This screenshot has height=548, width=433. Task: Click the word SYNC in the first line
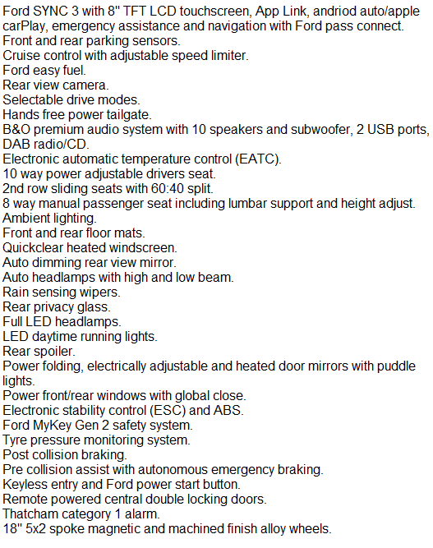pyautogui.click(x=51, y=12)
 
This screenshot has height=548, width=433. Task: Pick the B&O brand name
pyautogui.click(x=16, y=130)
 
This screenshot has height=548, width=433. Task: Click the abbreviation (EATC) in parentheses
pyautogui.click(x=258, y=159)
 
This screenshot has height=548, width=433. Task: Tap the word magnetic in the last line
pyautogui.click(x=113, y=529)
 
